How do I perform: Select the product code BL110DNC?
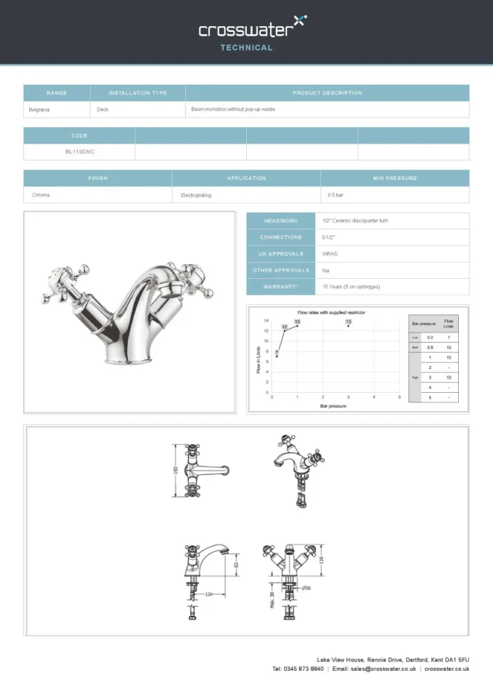coord(80,152)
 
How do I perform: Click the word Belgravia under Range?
coord(39,110)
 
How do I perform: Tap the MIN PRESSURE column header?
coord(394,178)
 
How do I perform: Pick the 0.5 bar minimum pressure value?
coord(335,195)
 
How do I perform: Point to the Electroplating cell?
coord(196,195)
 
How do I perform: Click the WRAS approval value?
coord(330,254)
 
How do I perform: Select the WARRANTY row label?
coord(280,287)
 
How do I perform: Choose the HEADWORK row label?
coord(280,221)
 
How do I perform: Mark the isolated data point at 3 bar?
coord(349,326)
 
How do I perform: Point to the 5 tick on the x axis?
coord(399,397)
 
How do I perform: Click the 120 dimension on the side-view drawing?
coord(209,594)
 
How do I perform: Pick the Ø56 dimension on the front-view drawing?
coord(307,587)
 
